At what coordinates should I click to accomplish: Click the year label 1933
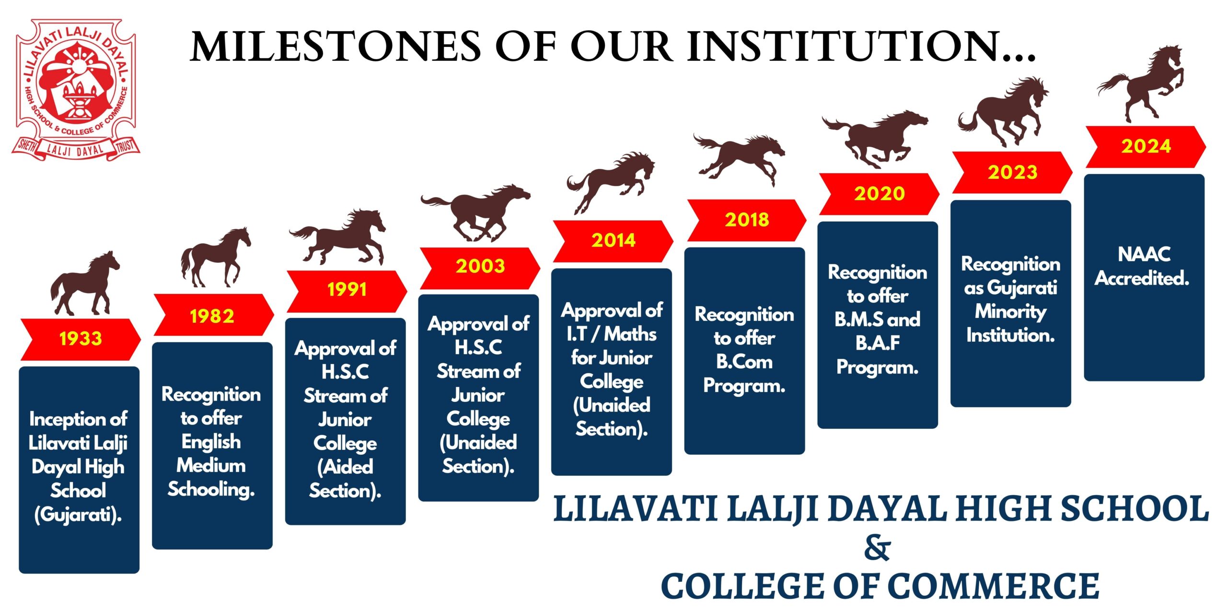coord(81,339)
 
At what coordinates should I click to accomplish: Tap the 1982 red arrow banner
coord(212,316)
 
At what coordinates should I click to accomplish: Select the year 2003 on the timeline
coord(480,266)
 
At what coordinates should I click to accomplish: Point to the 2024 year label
coord(1146,146)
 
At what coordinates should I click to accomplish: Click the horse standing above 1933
coord(85,285)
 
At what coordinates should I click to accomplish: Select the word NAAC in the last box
coord(1144,254)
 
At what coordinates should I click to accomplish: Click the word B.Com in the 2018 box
coord(744,362)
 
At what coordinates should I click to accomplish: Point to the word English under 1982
coord(211,442)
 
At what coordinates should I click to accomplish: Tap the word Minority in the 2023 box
coord(1010,312)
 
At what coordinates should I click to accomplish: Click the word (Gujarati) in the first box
coord(78,515)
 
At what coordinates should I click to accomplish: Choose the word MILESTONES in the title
coord(336,47)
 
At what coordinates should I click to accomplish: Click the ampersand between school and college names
coord(877,548)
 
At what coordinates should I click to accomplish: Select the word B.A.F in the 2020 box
coord(878,343)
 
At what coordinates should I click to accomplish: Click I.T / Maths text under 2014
coord(611,334)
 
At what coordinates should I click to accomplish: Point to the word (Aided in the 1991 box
coord(345,467)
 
